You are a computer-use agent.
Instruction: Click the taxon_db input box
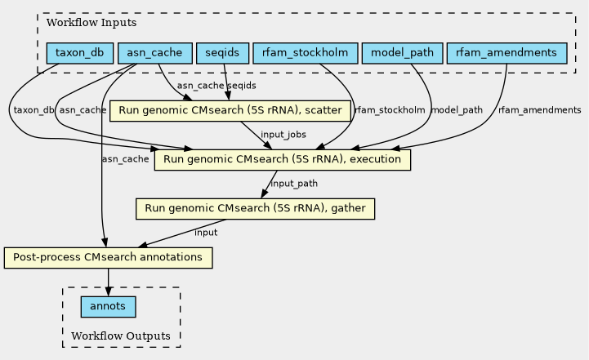(79, 53)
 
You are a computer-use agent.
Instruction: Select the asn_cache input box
(154, 53)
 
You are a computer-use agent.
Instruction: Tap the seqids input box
(222, 53)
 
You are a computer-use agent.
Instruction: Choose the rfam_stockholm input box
(305, 53)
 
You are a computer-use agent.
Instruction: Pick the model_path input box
(402, 53)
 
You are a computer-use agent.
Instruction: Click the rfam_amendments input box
(506, 53)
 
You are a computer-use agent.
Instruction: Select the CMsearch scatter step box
(230, 111)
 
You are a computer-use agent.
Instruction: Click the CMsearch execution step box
(283, 159)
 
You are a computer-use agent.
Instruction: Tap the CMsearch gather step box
(256, 209)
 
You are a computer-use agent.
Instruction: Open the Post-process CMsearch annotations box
(108, 257)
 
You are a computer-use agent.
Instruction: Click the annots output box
(108, 307)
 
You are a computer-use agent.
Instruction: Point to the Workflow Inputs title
(91, 23)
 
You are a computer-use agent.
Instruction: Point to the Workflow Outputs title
(121, 336)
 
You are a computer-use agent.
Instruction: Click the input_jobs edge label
(283, 135)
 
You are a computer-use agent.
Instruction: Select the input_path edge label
(294, 183)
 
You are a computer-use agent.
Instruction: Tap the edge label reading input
(206, 233)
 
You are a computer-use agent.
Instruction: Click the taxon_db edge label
(33, 110)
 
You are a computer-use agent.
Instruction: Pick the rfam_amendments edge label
(540, 110)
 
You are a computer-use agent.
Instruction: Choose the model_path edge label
(457, 110)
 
